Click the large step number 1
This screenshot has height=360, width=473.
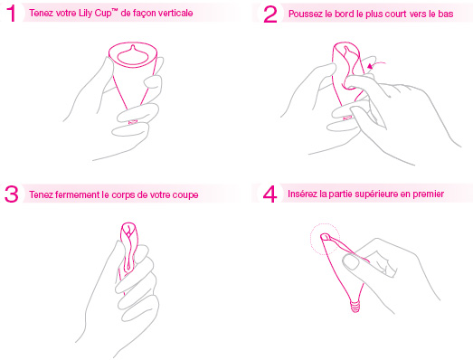[12, 14]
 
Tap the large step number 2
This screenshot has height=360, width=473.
[270, 14]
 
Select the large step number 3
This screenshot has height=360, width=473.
[12, 194]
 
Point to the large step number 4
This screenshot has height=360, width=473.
[270, 194]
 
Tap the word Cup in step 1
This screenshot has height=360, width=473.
[102, 14]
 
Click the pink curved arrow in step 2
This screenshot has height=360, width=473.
[375, 64]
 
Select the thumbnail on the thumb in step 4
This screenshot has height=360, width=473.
[351, 262]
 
